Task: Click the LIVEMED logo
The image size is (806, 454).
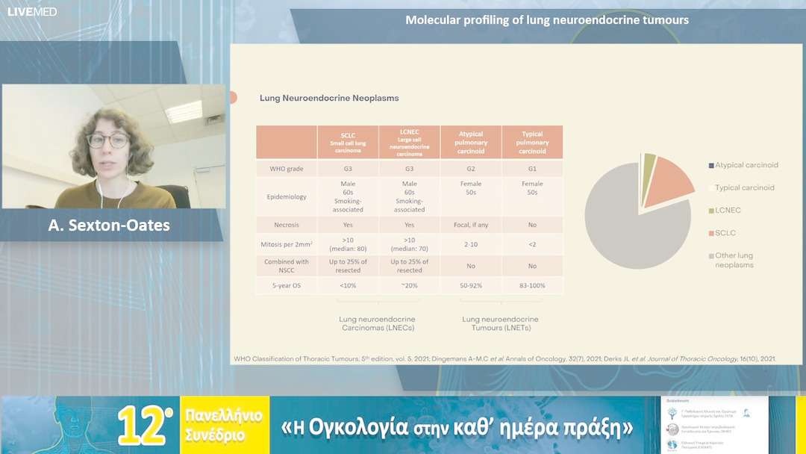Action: point(31,12)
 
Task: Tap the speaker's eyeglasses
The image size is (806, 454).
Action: point(108,140)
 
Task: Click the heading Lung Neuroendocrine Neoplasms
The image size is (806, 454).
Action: point(328,98)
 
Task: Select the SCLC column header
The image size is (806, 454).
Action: point(347,142)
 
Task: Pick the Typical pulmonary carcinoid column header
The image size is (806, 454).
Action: point(532,142)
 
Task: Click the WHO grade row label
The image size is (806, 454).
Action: point(287,169)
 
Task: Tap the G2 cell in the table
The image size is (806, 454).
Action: point(471,169)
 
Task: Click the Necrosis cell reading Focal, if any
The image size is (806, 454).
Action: point(471,224)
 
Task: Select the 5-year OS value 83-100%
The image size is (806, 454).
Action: point(532,284)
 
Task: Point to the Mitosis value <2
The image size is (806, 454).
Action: point(532,243)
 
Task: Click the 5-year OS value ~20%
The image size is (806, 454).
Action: point(409,284)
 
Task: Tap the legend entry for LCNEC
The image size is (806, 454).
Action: point(727,211)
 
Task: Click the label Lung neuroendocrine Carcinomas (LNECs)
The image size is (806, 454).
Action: point(378,323)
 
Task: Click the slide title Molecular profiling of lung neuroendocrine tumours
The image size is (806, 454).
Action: point(546,20)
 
